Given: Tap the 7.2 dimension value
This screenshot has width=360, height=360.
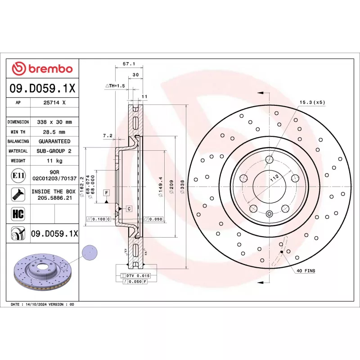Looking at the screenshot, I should point(107,135).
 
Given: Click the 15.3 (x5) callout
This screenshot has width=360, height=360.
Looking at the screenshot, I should point(312,102).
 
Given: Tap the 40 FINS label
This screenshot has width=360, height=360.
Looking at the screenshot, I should point(306,271).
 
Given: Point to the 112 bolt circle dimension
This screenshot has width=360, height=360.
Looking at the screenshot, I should point(273,178).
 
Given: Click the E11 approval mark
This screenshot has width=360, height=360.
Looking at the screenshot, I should point(18,175).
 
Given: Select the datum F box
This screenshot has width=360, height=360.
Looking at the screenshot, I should point(107,193).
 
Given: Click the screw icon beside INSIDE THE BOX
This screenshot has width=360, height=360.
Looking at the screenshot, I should point(18,194).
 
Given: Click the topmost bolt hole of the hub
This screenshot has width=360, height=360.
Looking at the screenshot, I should point(269,159).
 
